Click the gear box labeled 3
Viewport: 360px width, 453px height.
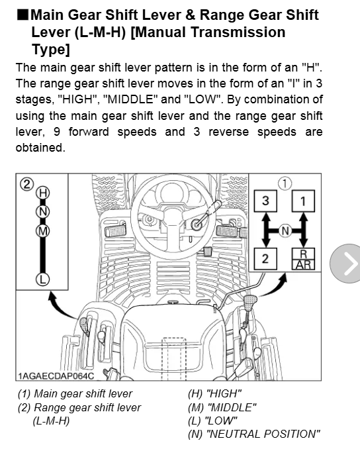pyautogui.click(x=265, y=201)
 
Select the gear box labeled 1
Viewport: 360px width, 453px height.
pyautogui.click(x=303, y=201)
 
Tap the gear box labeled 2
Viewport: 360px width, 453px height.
pyautogui.click(x=265, y=259)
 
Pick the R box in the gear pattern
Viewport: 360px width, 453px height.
pyautogui.click(x=303, y=254)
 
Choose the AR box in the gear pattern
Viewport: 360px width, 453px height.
pyautogui.click(x=303, y=265)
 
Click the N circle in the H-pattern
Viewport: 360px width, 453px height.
pyautogui.click(x=285, y=231)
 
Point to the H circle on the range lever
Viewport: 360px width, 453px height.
pyautogui.click(x=43, y=193)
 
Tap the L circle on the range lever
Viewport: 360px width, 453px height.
pyautogui.click(x=43, y=279)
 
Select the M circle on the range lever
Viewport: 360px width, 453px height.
pyautogui.click(x=43, y=231)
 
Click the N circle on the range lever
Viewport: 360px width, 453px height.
pyautogui.click(x=43, y=212)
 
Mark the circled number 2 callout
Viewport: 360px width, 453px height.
pyautogui.click(x=26, y=184)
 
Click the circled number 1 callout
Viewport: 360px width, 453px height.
pyautogui.click(x=285, y=183)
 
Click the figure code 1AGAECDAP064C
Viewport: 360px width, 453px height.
pyautogui.click(x=56, y=376)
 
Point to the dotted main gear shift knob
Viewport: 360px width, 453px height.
pyautogui.click(x=251, y=302)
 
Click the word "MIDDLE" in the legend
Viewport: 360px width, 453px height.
pyautogui.click(x=232, y=407)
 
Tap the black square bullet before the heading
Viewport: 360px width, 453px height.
pyautogui.click(x=22, y=15)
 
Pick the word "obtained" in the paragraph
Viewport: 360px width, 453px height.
pyautogui.click(x=39, y=148)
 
